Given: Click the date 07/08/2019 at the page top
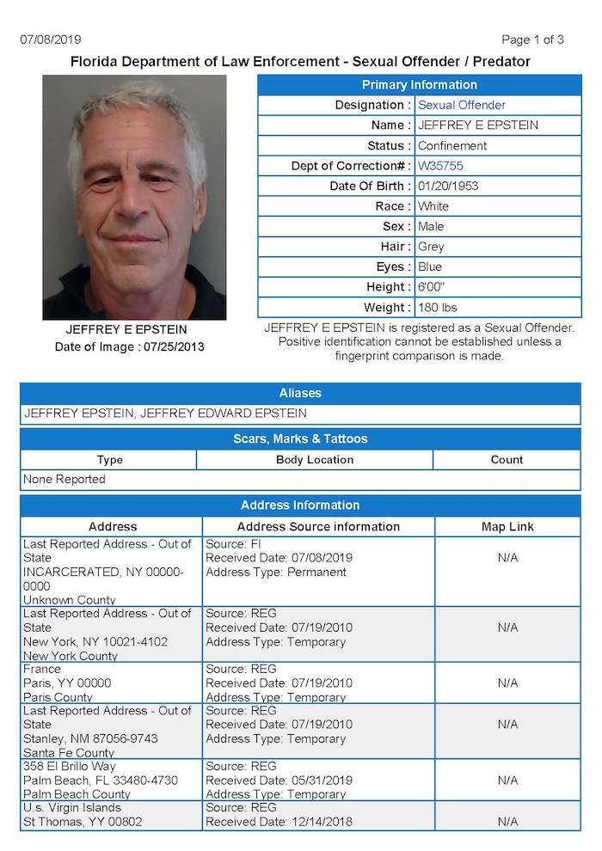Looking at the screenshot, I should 51,40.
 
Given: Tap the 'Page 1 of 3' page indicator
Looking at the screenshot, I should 532,40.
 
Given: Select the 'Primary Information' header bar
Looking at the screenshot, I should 419,84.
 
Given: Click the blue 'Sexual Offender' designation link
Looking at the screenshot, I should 462,105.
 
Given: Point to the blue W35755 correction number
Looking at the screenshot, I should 440,166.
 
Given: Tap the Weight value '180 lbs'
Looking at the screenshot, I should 439,308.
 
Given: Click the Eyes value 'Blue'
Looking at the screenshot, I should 430,267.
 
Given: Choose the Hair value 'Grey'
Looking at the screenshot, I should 431,247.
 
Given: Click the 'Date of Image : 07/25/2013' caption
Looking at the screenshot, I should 129,347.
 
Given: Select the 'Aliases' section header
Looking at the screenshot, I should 300,393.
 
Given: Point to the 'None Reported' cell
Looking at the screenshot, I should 64,479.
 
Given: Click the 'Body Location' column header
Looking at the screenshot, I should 315,460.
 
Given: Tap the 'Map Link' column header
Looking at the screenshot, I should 507,526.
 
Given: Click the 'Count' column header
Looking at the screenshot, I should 507,460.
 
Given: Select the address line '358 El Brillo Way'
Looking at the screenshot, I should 70,766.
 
